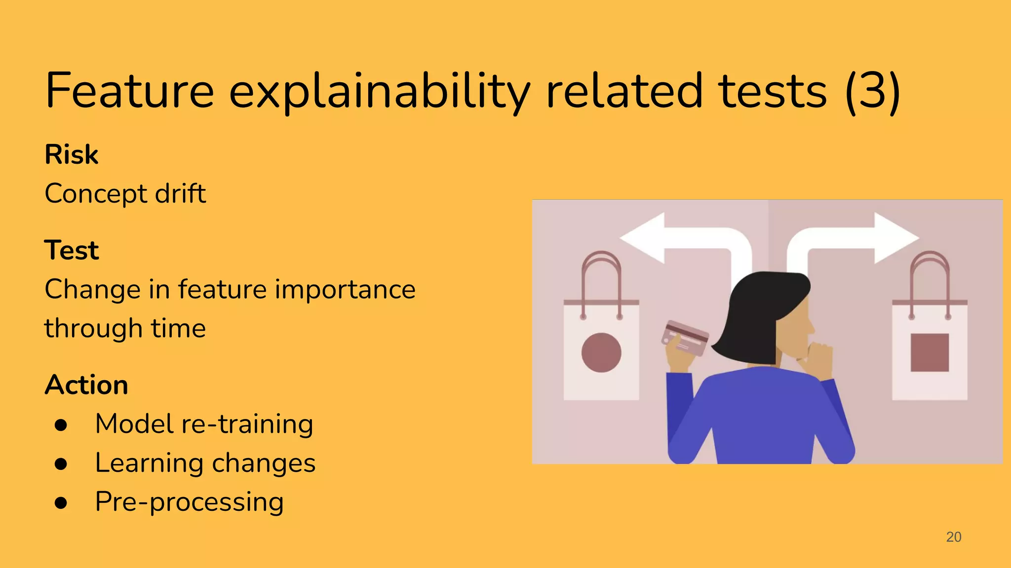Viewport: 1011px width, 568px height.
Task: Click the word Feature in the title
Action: [130, 91]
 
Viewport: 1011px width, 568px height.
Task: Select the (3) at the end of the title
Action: [872, 92]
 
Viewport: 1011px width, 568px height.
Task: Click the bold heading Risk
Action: [72, 155]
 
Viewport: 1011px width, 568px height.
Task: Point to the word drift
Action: [180, 193]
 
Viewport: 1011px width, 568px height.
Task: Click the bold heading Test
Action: [72, 250]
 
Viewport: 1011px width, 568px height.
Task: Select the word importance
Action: [345, 289]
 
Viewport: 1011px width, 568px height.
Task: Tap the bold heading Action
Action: [86, 385]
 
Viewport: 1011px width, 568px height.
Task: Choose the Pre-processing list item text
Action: [189, 502]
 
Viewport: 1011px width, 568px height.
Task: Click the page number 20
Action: [953, 537]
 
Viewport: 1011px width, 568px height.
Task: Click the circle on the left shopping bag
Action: [601, 353]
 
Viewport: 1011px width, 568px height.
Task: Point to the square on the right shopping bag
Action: [930, 353]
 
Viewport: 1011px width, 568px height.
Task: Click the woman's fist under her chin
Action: [818, 360]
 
